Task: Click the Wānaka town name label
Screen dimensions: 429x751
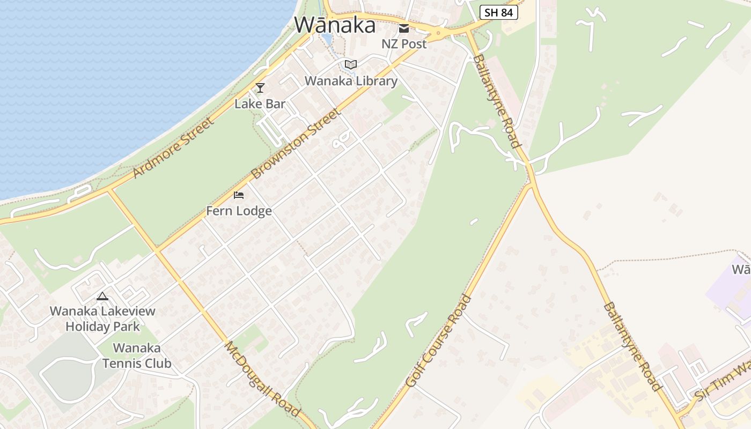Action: pyautogui.click(x=335, y=25)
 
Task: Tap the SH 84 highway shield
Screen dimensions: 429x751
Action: pyautogui.click(x=498, y=12)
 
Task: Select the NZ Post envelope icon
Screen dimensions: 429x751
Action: pyautogui.click(x=404, y=28)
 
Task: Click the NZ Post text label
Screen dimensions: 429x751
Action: pyautogui.click(x=404, y=44)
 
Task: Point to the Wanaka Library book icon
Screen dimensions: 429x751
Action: pyautogui.click(x=351, y=65)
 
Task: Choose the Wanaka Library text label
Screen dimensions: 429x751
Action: pyautogui.click(x=351, y=81)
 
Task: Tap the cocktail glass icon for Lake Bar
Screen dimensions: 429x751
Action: pyautogui.click(x=260, y=87)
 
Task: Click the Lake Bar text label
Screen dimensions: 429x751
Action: pyautogui.click(x=260, y=103)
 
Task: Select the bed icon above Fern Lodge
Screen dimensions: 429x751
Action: pyautogui.click(x=239, y=195)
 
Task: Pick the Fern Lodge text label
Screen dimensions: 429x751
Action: pyautogui.click(x=239, y=211)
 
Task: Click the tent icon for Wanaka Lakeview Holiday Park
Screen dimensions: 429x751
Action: pyautogui.click(x=102, y=295)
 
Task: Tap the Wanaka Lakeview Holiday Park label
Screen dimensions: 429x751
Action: pyautogui.click(x=102, y=319)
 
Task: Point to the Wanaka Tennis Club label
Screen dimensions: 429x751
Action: pyautogui.click(x=137, y=356)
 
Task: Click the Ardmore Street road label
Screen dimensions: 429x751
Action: pyautogui.click(x=173, y=147)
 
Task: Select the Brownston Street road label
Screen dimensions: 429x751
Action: pyautogui.click(x=296, y=144)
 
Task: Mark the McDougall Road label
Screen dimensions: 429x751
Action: pyautogui.click(x=262, y=378)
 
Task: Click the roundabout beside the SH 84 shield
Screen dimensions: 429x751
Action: pyautogui.click(x=438, y=33)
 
